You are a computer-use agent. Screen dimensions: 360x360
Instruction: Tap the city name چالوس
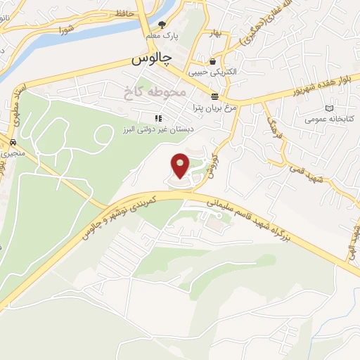click(151, 60)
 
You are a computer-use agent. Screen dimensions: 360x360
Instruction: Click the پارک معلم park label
click(162, 35)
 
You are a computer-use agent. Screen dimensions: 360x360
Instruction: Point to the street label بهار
click(216, 33)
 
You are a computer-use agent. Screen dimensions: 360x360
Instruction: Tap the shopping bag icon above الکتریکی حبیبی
click(212, 62)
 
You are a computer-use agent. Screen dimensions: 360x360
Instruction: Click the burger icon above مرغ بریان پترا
click(214, 96)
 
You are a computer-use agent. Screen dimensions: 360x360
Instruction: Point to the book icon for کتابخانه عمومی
click(330, 108)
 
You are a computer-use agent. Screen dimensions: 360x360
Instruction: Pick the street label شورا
click(67, 30)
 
